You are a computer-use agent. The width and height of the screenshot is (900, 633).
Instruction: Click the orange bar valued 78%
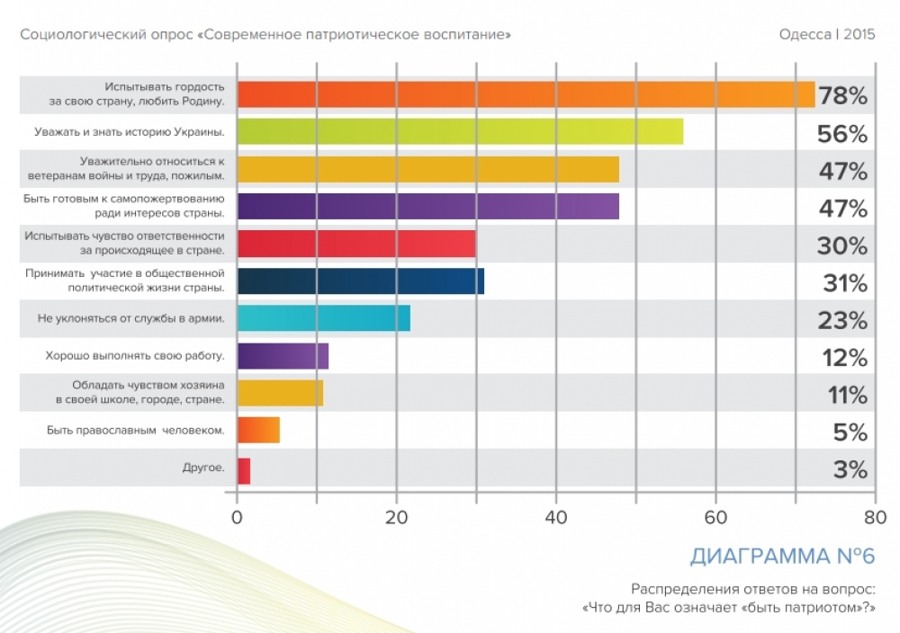526,94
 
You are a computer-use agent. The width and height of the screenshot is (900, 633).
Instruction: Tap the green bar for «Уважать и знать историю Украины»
460,132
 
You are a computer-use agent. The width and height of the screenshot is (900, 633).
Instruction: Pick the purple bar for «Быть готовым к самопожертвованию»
428,207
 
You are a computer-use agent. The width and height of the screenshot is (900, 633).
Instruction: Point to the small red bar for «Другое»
244,470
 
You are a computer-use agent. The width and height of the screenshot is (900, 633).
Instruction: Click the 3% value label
850,469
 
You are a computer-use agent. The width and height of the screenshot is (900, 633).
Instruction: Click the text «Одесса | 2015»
826,35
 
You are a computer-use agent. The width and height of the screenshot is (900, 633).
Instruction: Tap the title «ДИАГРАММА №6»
782,557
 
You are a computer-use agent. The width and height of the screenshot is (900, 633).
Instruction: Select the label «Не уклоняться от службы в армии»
130,318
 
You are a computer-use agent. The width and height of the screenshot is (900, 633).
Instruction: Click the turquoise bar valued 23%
324,318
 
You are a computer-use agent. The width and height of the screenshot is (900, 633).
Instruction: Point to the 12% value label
844,357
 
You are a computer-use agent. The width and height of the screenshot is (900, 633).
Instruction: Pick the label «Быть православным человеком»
135,431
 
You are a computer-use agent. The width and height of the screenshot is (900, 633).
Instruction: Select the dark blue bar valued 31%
361,281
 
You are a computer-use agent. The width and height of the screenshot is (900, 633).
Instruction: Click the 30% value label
841,245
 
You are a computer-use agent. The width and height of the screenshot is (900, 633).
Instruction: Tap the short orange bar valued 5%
258,431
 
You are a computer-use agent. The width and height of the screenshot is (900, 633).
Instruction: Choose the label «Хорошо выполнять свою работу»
135,356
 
